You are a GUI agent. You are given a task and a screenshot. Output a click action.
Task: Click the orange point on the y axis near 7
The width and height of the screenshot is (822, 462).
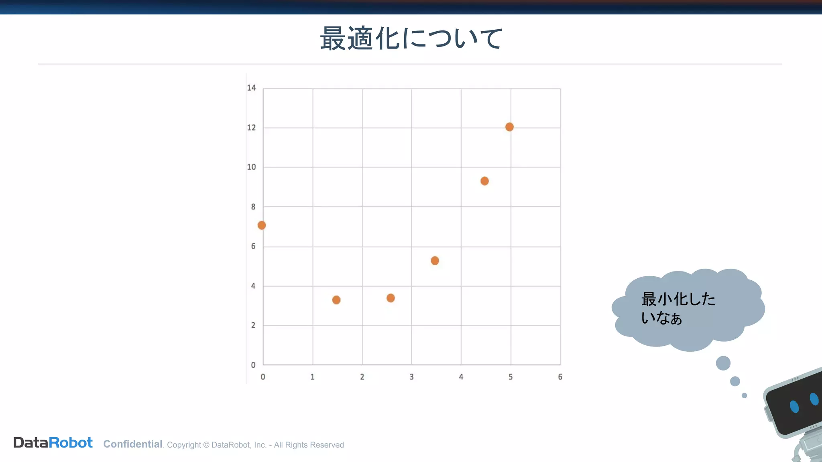point(262,225)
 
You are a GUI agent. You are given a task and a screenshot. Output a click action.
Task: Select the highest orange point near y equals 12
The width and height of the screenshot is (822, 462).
point(509,127)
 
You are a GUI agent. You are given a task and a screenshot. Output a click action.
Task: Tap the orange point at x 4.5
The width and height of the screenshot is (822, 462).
point(484,181)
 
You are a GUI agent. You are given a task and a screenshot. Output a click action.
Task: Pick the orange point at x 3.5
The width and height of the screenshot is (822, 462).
point(435,261)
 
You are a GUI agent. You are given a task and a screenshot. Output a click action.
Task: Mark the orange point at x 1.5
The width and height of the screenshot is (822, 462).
point(336,300)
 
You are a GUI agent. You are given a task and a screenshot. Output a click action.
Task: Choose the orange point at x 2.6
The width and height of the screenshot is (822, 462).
point(391,298)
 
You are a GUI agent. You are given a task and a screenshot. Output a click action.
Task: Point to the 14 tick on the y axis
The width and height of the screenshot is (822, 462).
point(251,88)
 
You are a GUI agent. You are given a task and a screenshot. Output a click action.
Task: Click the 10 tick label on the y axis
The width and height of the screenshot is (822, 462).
point(251,167)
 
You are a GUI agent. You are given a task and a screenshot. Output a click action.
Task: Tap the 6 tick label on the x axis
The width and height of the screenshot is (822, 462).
point(560,377)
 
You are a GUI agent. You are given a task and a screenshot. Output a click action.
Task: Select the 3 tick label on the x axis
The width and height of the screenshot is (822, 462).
point(411,377)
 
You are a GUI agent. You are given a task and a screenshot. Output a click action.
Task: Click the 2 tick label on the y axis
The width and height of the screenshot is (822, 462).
point(253,325)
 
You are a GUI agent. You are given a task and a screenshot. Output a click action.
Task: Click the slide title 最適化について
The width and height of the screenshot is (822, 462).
point(411,39)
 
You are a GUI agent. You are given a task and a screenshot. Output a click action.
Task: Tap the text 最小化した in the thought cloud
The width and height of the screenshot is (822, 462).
point(678,299)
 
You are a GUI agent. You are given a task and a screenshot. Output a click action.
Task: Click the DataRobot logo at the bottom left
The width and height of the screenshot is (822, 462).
point(53,443)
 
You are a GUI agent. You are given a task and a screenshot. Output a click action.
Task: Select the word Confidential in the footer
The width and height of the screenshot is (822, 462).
point(133,444)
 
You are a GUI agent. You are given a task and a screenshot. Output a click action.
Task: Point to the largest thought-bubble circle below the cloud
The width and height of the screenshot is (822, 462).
point(723,363)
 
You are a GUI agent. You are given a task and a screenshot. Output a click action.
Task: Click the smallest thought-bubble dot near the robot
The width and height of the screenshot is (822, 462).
point(744,396)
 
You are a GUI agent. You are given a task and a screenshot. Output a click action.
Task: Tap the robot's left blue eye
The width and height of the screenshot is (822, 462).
point(794,406)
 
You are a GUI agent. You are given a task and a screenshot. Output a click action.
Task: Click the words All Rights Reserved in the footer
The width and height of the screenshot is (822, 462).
point(309,445)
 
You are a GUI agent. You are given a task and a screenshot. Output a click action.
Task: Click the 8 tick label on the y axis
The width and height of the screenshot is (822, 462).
point(253,207)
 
